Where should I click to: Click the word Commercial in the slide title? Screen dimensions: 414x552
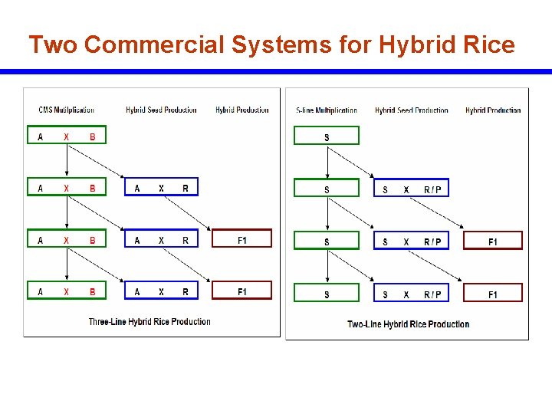click(x=154, y=45)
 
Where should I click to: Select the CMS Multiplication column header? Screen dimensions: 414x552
click(x=66, y=110)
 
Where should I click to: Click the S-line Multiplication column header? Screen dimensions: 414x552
click(x=327, y=110)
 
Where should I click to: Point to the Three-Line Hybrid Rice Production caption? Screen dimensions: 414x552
click(x=149, y=322)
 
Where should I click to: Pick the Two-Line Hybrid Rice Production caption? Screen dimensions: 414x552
click(x=408, y=324)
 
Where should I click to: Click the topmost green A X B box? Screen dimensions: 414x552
click(x=67, y=136)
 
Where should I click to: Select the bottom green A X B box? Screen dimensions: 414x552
click(x=67, y=291)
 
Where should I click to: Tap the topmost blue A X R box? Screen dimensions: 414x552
click(x=161, y=188)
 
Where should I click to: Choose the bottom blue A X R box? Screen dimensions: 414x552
click(x=161, y=291)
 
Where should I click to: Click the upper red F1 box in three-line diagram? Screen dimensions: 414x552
click(x=242, y=241)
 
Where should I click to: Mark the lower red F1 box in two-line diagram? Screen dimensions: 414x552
click(x=493, y=294)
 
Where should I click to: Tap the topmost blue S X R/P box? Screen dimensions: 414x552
click(x=412, y=189)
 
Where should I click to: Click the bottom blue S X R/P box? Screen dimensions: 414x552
click(x=412, y=294)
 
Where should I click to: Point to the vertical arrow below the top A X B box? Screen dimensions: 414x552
click(x=67, y=161)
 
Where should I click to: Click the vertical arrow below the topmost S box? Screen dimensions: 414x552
click(x=327, y=163)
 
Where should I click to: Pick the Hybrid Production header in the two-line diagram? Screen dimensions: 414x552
click(x=493, y=110)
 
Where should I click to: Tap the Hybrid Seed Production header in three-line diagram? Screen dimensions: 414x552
click(x=161, y=110)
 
